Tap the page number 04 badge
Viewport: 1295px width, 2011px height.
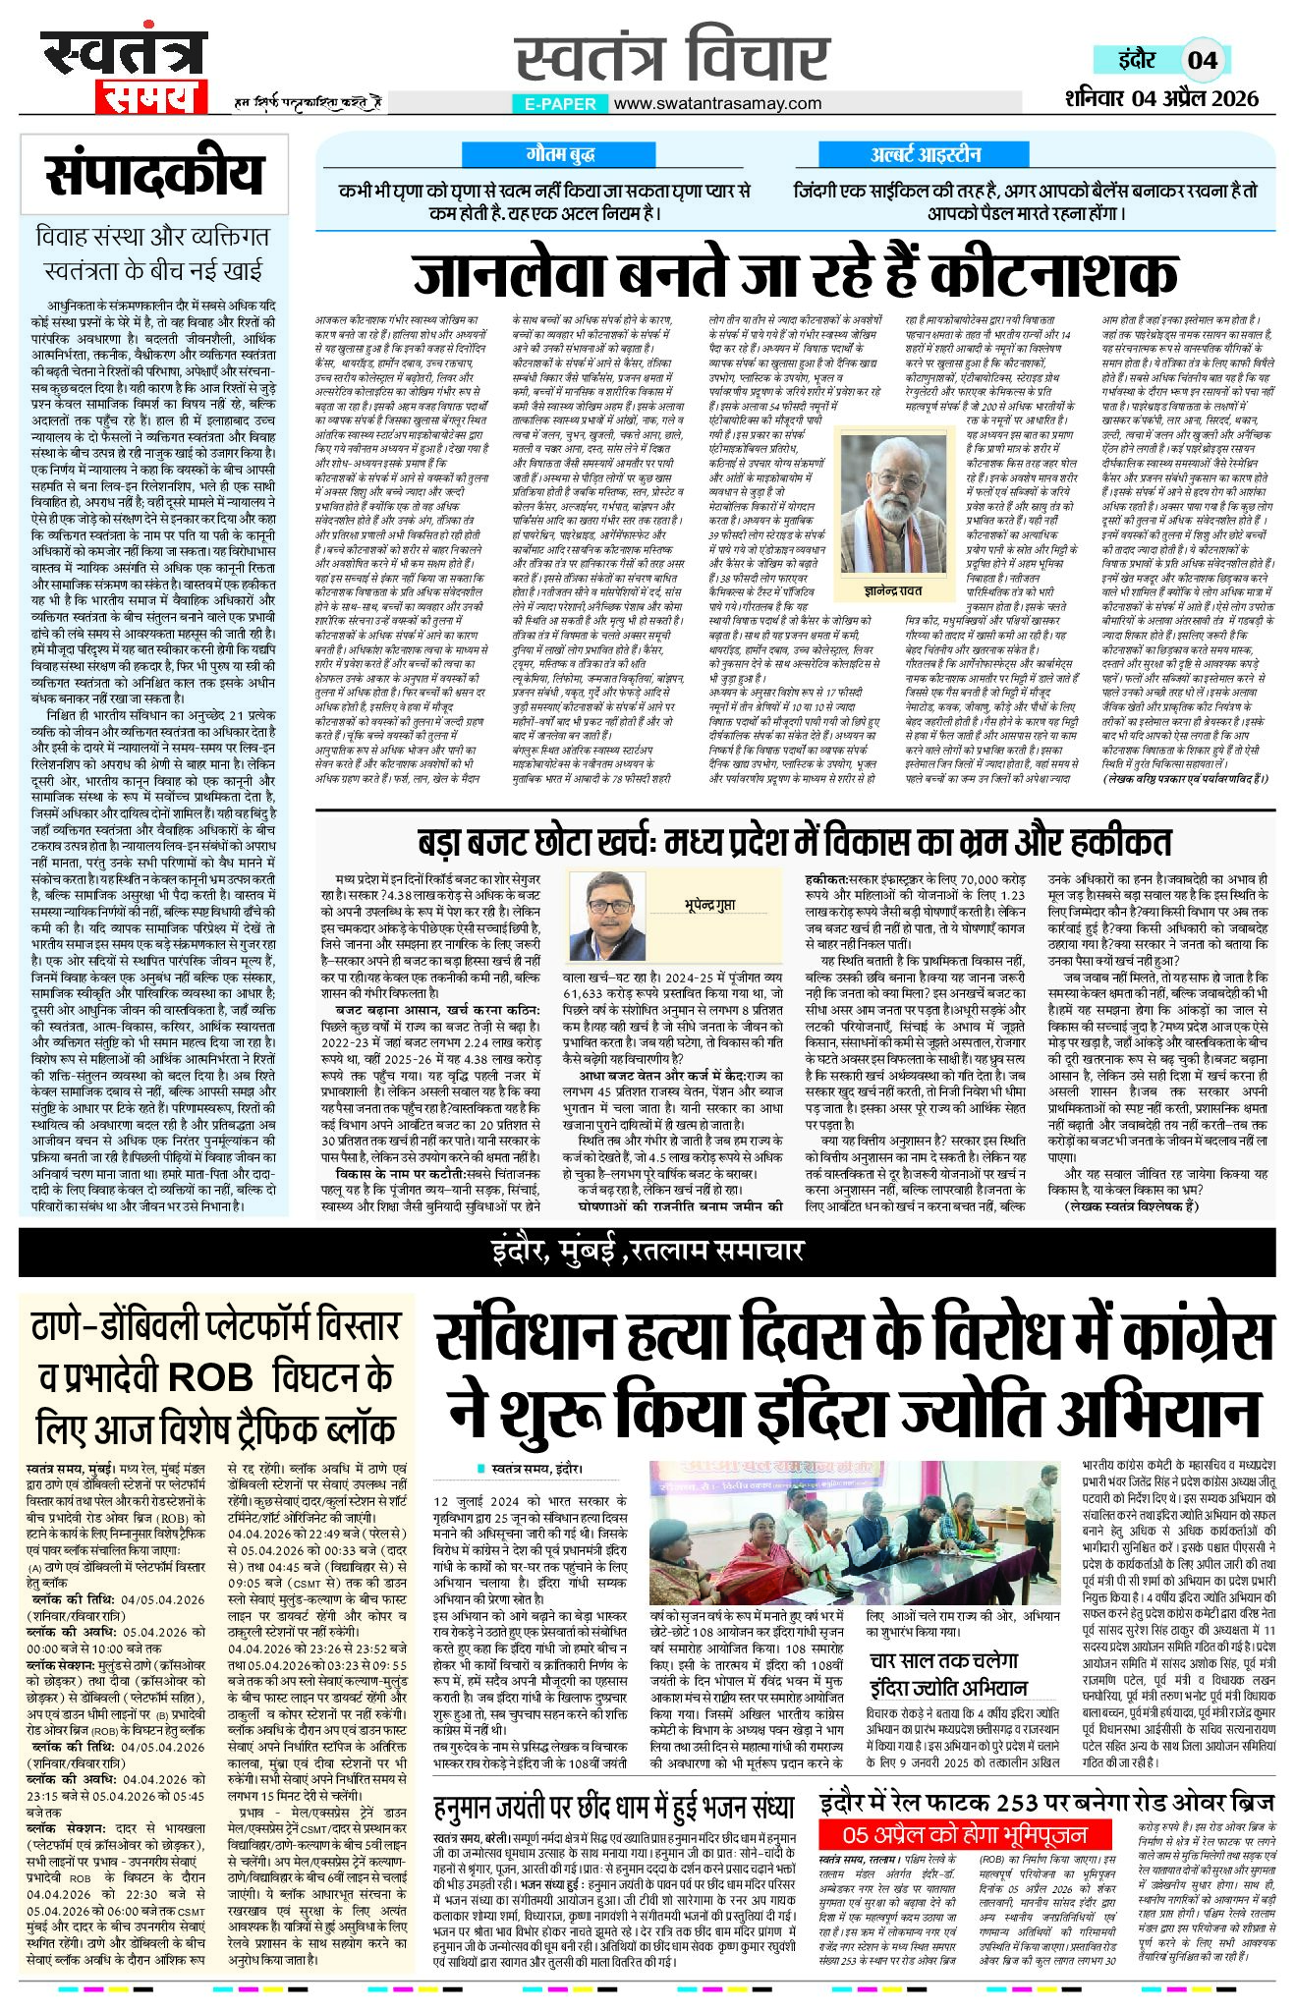[1202, 60]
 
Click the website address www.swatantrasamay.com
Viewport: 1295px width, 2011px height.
[717, 103]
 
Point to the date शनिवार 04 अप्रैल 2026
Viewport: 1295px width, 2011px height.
[1161, 98]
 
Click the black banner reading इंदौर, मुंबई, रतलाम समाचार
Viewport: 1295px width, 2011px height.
[647, 1251]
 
